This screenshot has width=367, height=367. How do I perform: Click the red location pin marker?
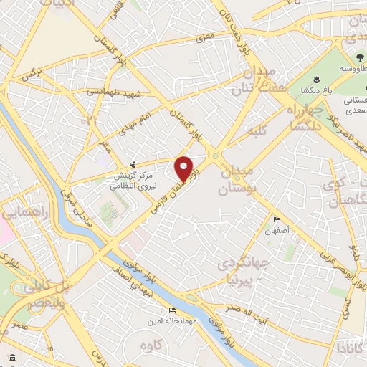185,168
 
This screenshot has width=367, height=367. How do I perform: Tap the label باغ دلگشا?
334,90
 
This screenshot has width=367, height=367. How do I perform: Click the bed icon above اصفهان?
277,220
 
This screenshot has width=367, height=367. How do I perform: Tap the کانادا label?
349,349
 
